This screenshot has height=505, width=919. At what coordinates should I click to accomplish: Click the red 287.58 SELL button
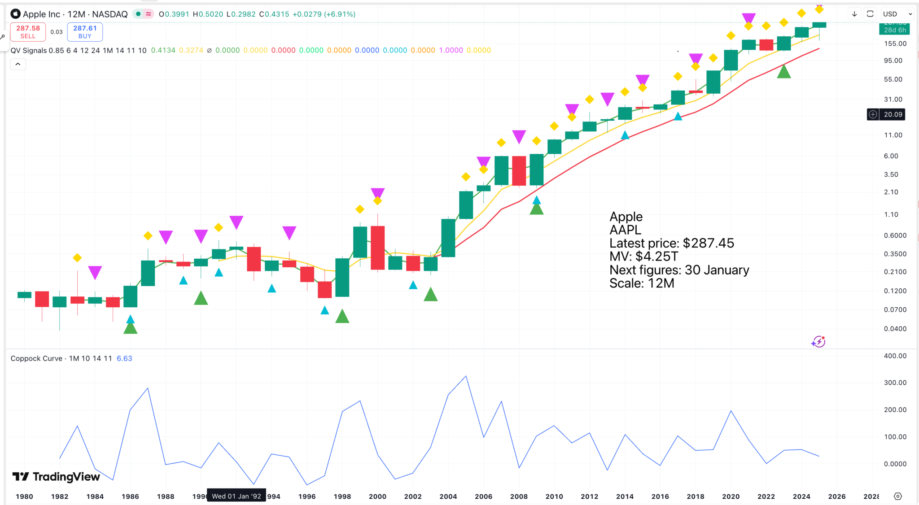[x=28, y=32]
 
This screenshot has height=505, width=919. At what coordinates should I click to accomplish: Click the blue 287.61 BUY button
[x=85, y=32]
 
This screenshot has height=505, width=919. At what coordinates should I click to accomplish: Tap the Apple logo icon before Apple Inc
[x=16, y=14]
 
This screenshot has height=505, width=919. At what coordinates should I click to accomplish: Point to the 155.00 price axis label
[x=895, y=44]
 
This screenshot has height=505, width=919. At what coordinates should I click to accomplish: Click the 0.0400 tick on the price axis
[x=895, y=329]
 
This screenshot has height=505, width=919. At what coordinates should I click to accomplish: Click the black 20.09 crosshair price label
[x=893, y=114]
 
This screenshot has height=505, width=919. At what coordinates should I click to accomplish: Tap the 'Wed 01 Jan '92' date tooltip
[x=236, y=496]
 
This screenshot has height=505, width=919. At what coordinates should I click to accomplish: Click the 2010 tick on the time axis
[x=554, y=496]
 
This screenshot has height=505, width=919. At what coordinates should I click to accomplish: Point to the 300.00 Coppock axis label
[x=895, y=383]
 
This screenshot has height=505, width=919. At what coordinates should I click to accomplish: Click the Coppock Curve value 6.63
[x=124, y=358]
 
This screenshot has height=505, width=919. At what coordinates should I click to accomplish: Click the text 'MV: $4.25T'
[x=643, y=257]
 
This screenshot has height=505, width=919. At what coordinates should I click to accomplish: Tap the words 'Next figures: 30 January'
[x=679, y=270]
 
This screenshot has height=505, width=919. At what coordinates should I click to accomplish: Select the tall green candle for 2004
[x=448, y=238]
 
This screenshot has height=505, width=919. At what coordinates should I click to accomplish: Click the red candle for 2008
[x=519, y=170]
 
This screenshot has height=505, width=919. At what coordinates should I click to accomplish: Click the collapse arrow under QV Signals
[x=18, y=64]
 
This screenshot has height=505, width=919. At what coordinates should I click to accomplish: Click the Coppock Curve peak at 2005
[x=466, y=376]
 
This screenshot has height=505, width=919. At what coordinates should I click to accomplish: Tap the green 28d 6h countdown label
[x=895, y=30]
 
